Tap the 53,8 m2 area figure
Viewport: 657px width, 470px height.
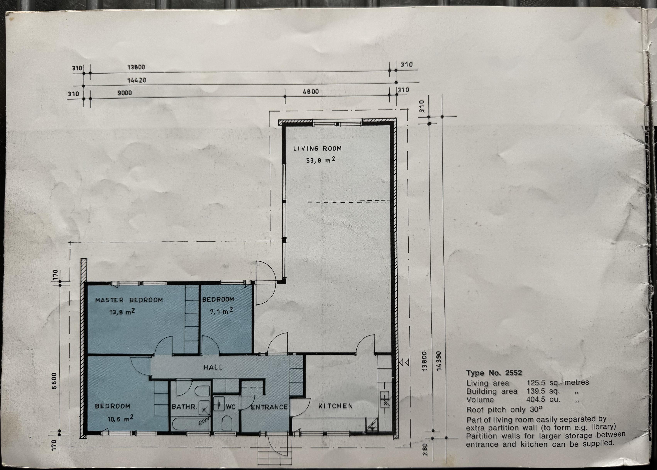pyautogui.click(x=320, y=160)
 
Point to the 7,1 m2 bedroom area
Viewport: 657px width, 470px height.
pyautogui.click(x=221, y=311)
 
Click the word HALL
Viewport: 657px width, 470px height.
pyautogui.click(x=213, y=367)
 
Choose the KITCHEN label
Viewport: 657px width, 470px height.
pyautogui.click(x=336, y=406)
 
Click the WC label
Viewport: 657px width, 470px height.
pyautogui.click(x=231, y=407)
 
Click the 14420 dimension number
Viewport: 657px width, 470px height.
pyautogui.click(x=137, y=80)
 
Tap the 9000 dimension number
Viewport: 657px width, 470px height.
pyautogui.click(x=125, y=93)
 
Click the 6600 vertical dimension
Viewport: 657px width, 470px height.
pyautogui.click(x=55, y=381)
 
